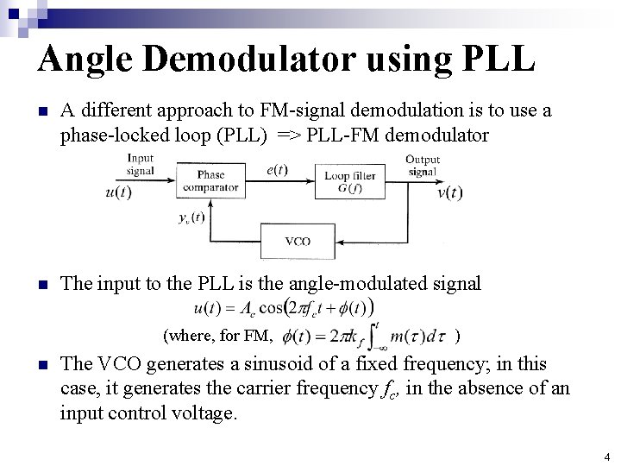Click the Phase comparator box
coord(210,180)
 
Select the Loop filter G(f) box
coord(349,182)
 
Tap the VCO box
coord(298,240)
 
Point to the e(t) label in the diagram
coord(277,170)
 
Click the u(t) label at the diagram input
coord(118,192)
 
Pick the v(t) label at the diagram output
coord(449,192)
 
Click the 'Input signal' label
coord(140,164)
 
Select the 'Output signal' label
coord(423,165)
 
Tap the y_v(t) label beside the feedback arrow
coord(190,217)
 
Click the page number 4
coord(606,457)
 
